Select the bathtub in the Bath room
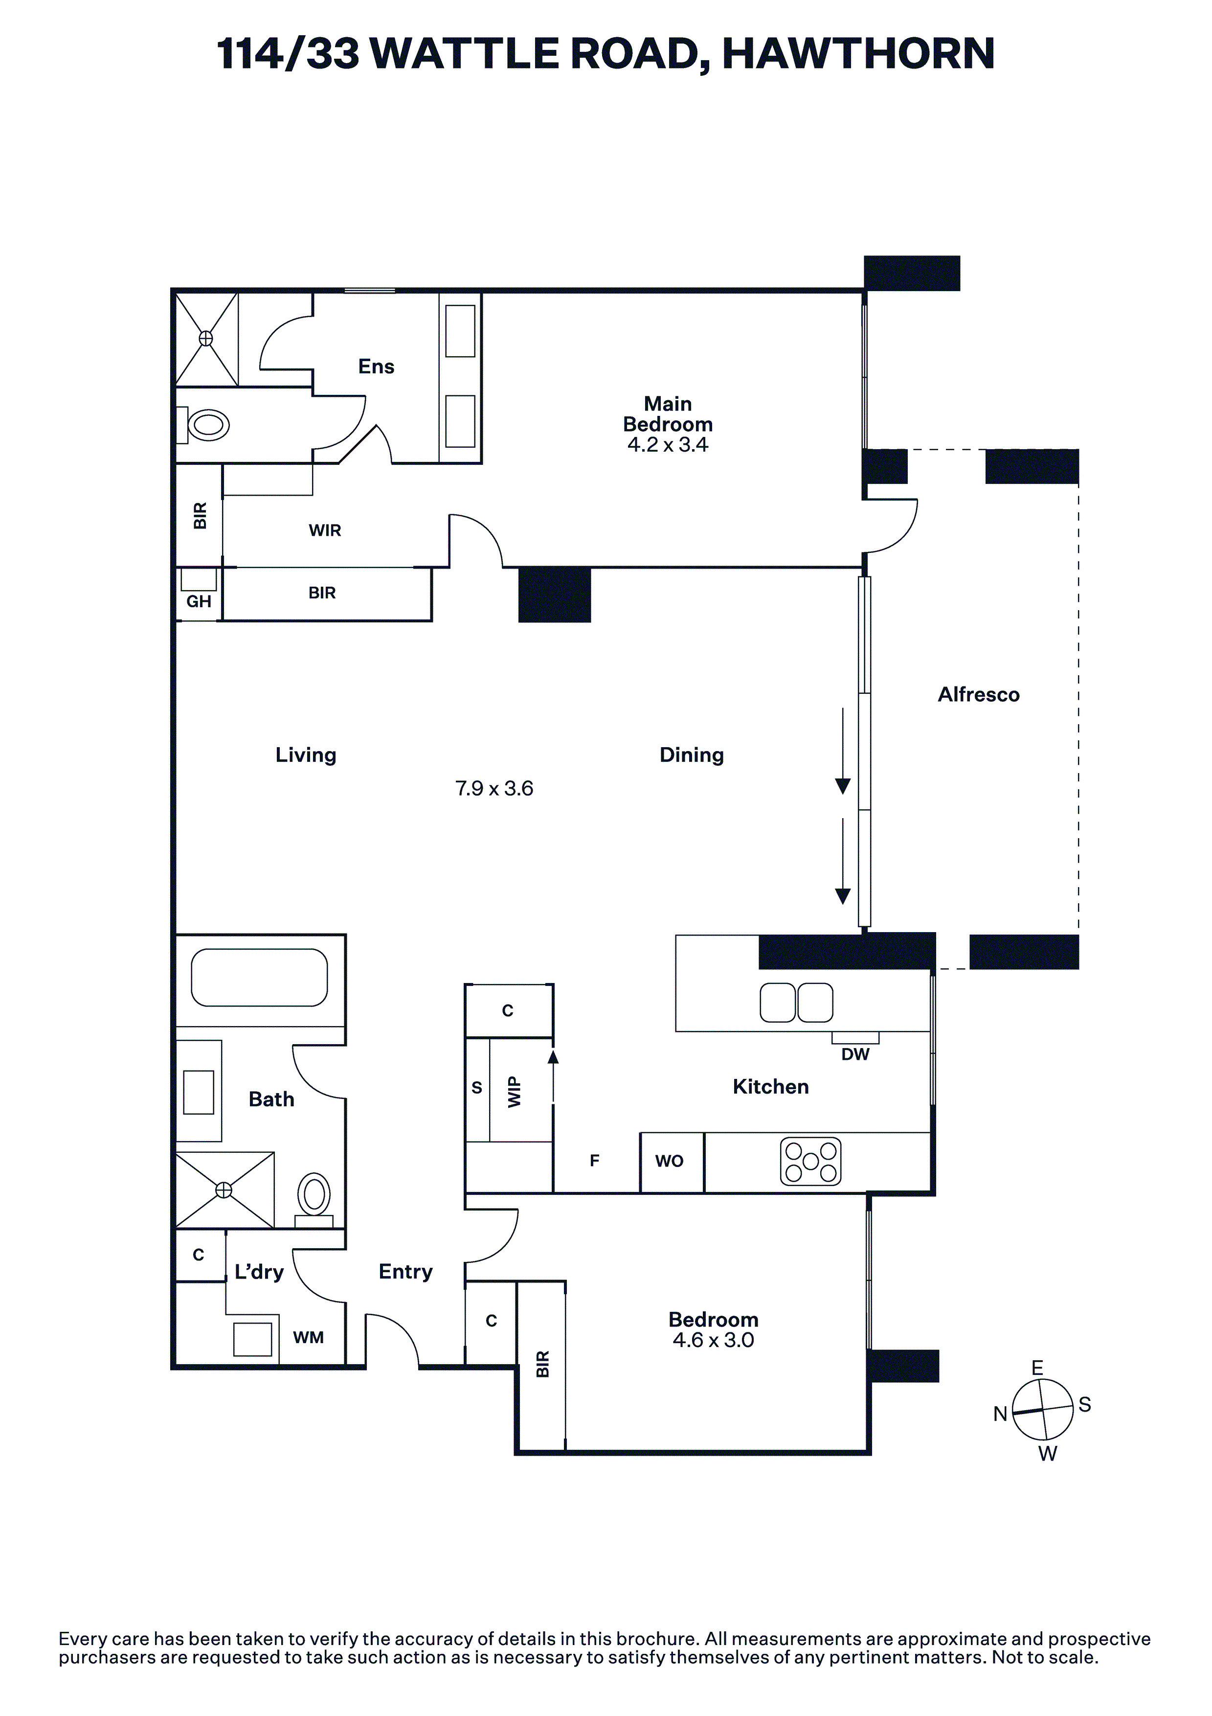coord(259,978)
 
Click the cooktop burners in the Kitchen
coord(811,1162)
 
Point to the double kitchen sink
coord(797,1002)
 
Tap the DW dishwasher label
coord(855,1054)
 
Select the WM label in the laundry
coord(309,1337)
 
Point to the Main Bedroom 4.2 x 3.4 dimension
coord(668,445)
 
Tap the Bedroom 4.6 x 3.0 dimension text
coord(714,1340)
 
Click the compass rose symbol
coord(1042,1410)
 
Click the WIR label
coord(325,530)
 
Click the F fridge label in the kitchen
coord(595,1161)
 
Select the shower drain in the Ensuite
coord(205,339)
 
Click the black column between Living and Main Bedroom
coord(555,594)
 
